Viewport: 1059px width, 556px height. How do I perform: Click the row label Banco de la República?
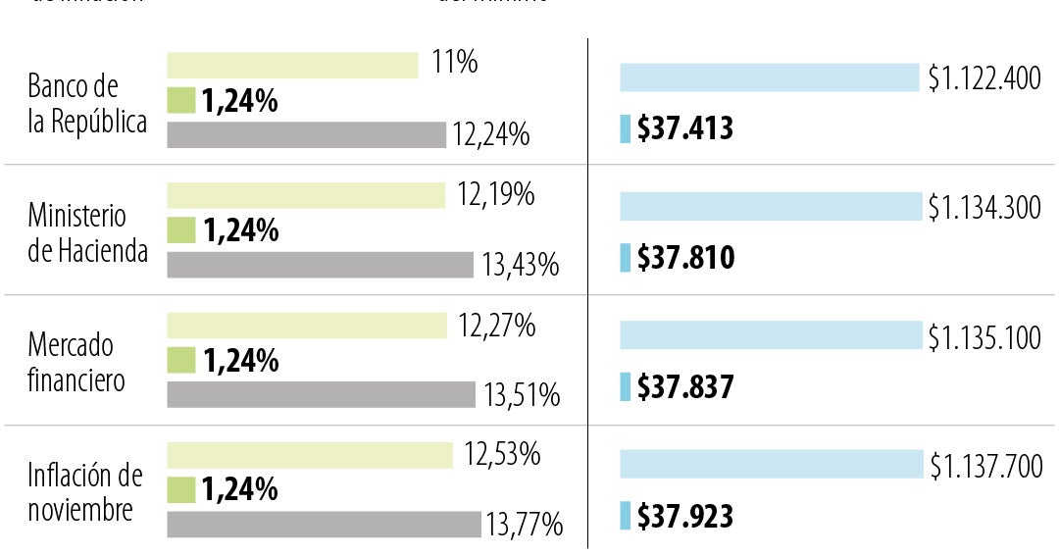(87, 103)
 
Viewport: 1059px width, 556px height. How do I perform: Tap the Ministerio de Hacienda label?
(87, 232)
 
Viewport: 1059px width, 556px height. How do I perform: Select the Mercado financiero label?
(76, 362)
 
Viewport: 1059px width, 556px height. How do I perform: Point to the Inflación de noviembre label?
(84, 492)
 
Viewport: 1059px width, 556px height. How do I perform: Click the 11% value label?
(454, 64)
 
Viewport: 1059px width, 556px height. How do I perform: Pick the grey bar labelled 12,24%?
(306, 134)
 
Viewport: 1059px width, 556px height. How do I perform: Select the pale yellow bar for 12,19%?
(306, 195)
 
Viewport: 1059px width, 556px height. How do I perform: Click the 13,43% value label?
(520, 265)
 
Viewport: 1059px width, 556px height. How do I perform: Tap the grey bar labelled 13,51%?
(321, 394)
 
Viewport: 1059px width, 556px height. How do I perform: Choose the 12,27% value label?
(496, 326)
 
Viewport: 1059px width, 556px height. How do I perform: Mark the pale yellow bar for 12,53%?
(310, 455)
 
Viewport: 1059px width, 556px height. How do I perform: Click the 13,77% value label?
(524, 525)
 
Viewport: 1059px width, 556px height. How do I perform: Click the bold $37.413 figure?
(684, 128)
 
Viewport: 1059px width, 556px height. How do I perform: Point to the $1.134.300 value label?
(984, 208)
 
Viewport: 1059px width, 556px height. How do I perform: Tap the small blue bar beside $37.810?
(625, 258)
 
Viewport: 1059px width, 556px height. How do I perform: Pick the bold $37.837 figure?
(684, 387)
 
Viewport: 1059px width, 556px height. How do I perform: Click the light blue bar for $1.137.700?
(771, 465)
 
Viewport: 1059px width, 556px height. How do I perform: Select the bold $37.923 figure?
(684, 516)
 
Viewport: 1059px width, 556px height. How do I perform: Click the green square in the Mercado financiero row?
(181, 360)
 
